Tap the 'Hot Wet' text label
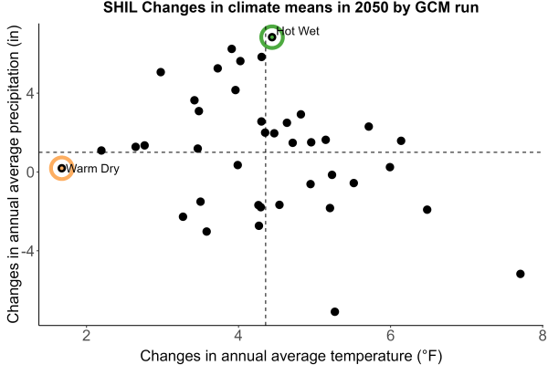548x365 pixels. (298, 31)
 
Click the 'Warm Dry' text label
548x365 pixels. (92, 169)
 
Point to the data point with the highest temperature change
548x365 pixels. (521, 274)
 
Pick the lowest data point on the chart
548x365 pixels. (335, 311)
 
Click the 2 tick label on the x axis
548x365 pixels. (87, 336)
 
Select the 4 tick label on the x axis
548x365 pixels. (238, 336)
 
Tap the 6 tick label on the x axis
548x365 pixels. (390, 336)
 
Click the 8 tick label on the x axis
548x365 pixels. (543, 336)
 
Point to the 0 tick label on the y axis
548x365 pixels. (30, 172)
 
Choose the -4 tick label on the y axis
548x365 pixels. (27, 251)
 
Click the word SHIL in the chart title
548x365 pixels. (121, 7)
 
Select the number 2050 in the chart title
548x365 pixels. (372, 7)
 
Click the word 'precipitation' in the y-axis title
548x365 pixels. (15, 92)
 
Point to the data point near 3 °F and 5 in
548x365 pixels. (161, 72)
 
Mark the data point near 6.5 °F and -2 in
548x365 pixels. (427, 210)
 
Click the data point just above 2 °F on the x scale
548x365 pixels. (101, 151)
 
